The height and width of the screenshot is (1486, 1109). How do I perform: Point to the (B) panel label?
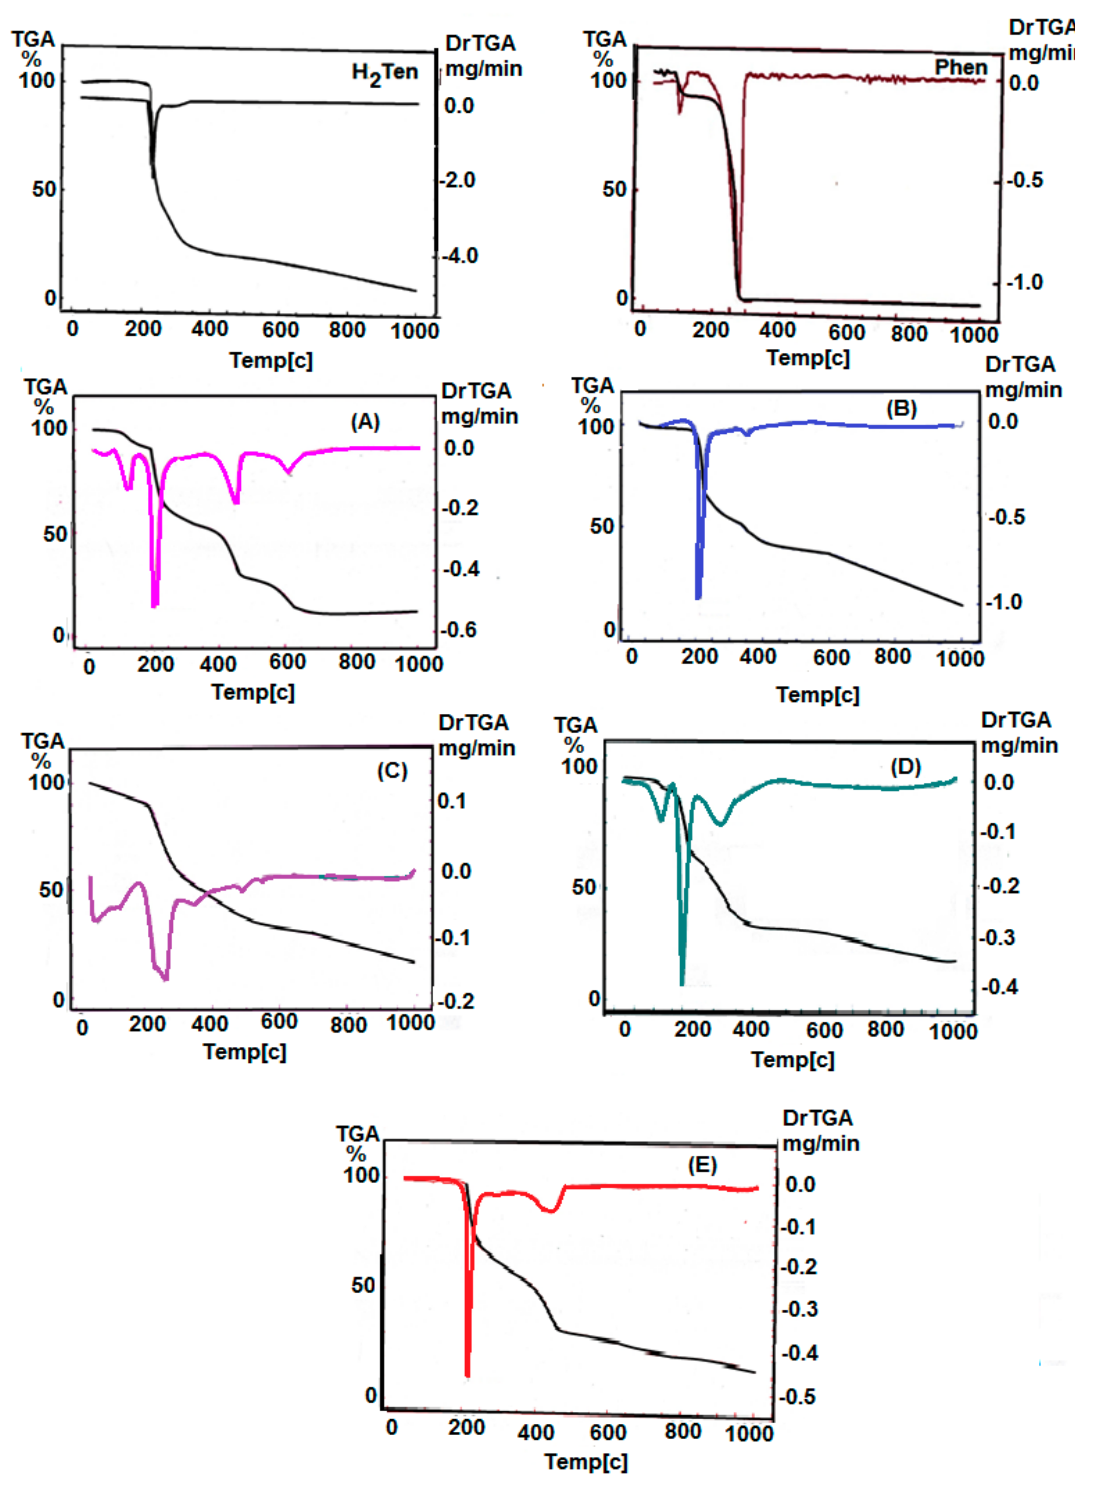(x=901, y=408)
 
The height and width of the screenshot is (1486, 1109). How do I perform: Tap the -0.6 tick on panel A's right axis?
(x=458, y=630)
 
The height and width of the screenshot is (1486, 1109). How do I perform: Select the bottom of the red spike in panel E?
(x=467, y=1374)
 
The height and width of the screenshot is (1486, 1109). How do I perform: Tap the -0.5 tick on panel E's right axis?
(x=799, y=1397)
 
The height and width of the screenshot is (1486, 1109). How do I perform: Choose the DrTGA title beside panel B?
(x=1020, y=365)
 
